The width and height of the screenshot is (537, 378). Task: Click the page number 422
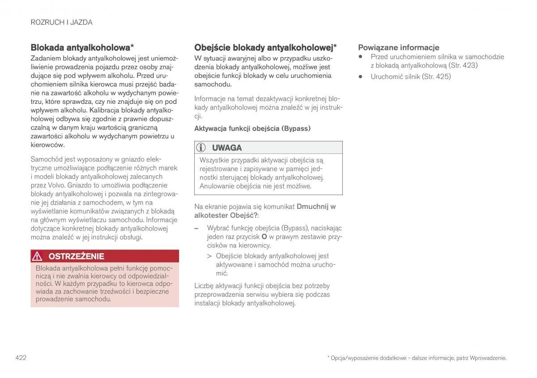(21, 357)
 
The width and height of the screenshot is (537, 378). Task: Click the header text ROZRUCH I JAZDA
(61, 22)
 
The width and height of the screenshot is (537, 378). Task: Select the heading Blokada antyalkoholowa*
(82, 47)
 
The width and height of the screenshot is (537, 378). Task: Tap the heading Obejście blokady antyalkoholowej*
(265, 47)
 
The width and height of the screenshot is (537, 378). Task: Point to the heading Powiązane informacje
(398, 47)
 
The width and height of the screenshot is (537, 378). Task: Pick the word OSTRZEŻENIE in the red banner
(76, 256)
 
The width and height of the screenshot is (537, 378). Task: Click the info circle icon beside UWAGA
(202, 148)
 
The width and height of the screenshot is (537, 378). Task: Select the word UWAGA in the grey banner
(227, 148)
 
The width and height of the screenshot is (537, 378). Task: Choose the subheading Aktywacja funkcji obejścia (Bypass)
(252, 128)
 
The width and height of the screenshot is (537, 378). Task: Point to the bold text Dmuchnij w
(316, 207)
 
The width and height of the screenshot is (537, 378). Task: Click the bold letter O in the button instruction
(264, 236)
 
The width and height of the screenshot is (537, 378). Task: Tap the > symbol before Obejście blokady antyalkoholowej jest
(209, 256)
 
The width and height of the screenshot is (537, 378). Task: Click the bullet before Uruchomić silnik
(360, 76)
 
